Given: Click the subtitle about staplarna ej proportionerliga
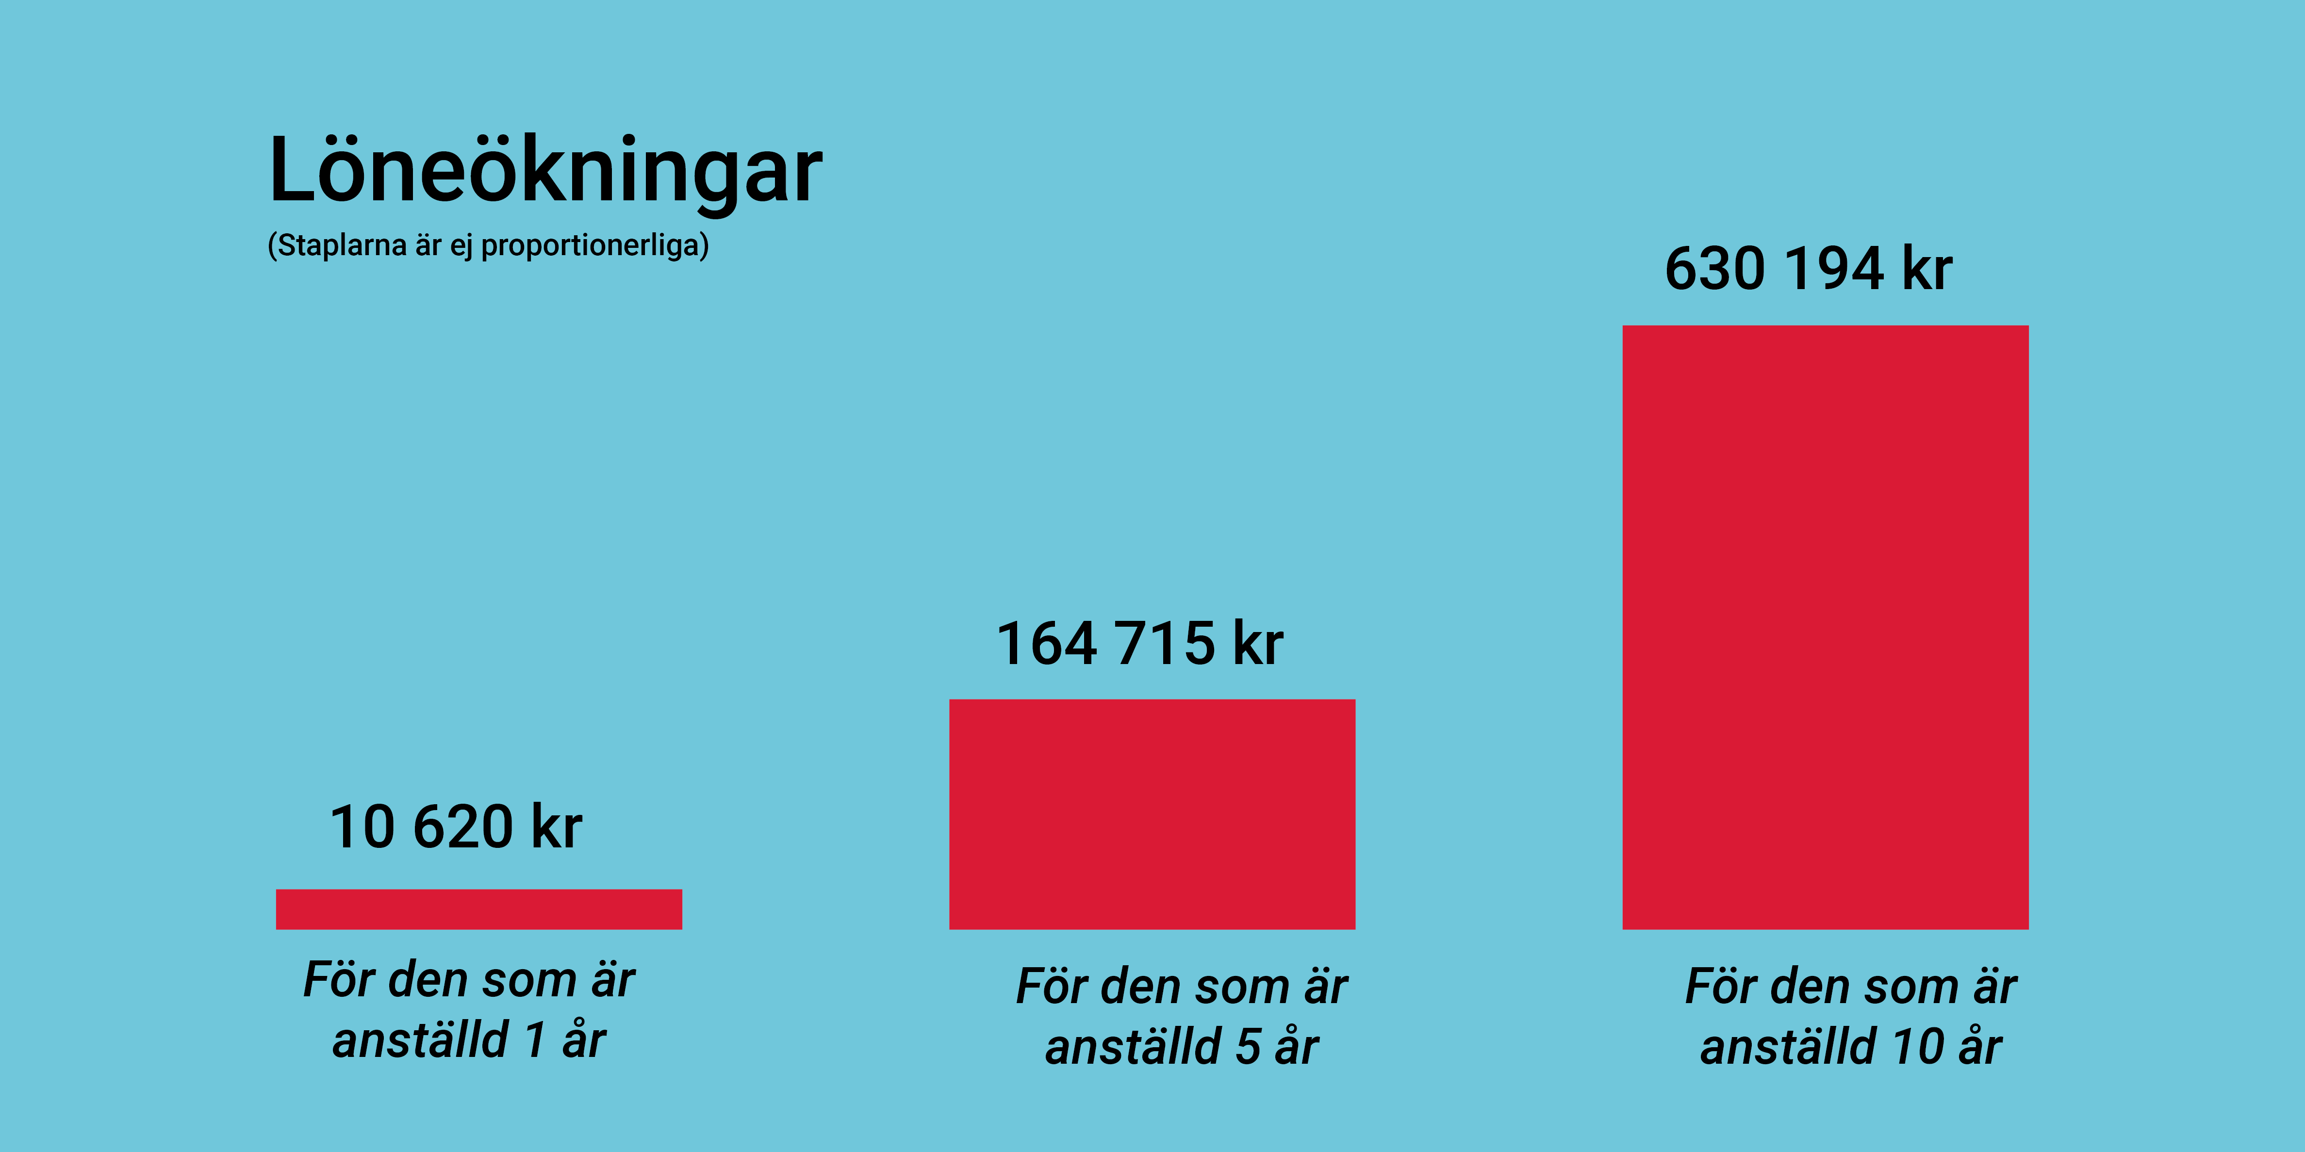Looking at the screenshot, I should point(488,245).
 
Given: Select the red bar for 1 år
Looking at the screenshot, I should point(479,909).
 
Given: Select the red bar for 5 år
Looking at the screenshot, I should point(1152,814).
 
